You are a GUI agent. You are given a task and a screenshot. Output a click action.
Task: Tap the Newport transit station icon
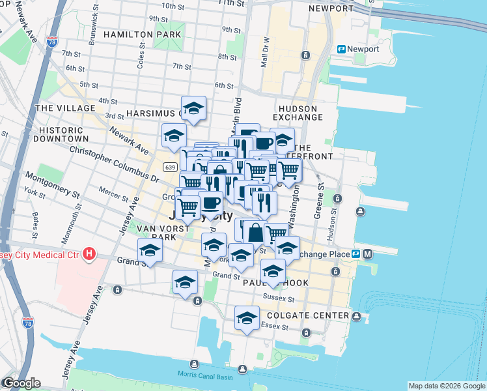pos(341,49)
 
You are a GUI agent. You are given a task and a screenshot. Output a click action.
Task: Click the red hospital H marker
pos(90,255)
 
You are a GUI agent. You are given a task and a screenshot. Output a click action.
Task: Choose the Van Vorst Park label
pos(156,233)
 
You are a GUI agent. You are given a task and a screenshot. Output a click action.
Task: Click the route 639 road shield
pos(170,167)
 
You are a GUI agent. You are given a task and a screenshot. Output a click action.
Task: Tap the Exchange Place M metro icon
pos(368,253)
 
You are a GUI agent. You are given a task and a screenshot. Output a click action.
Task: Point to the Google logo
pos(21,383)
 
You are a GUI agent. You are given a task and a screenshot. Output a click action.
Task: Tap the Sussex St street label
pos(279,297)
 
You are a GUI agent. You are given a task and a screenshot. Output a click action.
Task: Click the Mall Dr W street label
pos(265,52)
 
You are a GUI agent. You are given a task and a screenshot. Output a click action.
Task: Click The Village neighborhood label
pos(61,108)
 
